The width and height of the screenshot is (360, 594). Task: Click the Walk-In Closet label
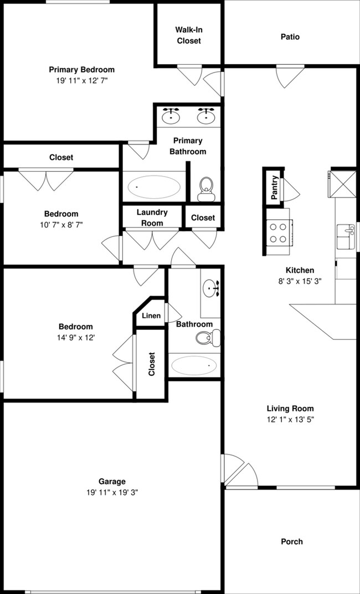point(189,35)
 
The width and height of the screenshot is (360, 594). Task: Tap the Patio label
point(290,37)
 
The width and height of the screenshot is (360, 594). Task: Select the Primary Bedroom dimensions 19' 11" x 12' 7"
point(82,80)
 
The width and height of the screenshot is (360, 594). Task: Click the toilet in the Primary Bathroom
point(206,189)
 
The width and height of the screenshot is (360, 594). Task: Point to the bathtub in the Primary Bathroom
point(153,187)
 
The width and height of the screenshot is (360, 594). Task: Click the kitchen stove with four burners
point(278,232)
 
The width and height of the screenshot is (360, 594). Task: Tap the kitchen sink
point(346,236)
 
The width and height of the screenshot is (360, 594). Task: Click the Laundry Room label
point(152,218)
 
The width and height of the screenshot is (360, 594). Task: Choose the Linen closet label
point(151,316)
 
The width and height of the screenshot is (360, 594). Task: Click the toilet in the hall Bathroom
point(208,338)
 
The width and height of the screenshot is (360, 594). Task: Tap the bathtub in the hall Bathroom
point(194,365)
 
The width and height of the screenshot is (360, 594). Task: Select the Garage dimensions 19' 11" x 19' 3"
point(112,493)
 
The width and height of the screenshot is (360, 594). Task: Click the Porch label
point(292,541)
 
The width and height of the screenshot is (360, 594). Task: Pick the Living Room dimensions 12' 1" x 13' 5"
point(290,420)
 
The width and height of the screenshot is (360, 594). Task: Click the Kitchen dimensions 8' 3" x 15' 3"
point(300,281)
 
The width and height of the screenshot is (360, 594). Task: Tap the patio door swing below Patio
point(290,76)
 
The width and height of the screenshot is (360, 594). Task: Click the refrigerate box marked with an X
point(342,184)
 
